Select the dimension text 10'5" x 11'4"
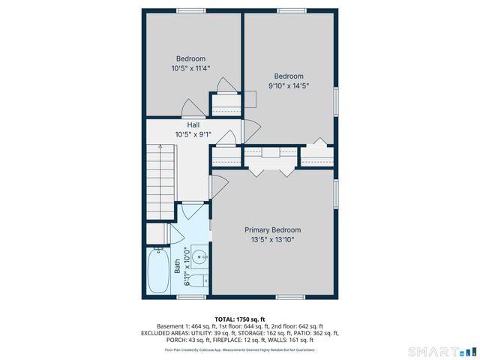[x=190, y=68]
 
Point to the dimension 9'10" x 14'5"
[x=289, y=85]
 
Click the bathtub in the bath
[x=159, y=271]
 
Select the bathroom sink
[x=199, y=257]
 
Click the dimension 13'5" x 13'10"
[x=272, y=240]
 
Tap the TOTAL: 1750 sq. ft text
[x=239, y=318]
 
